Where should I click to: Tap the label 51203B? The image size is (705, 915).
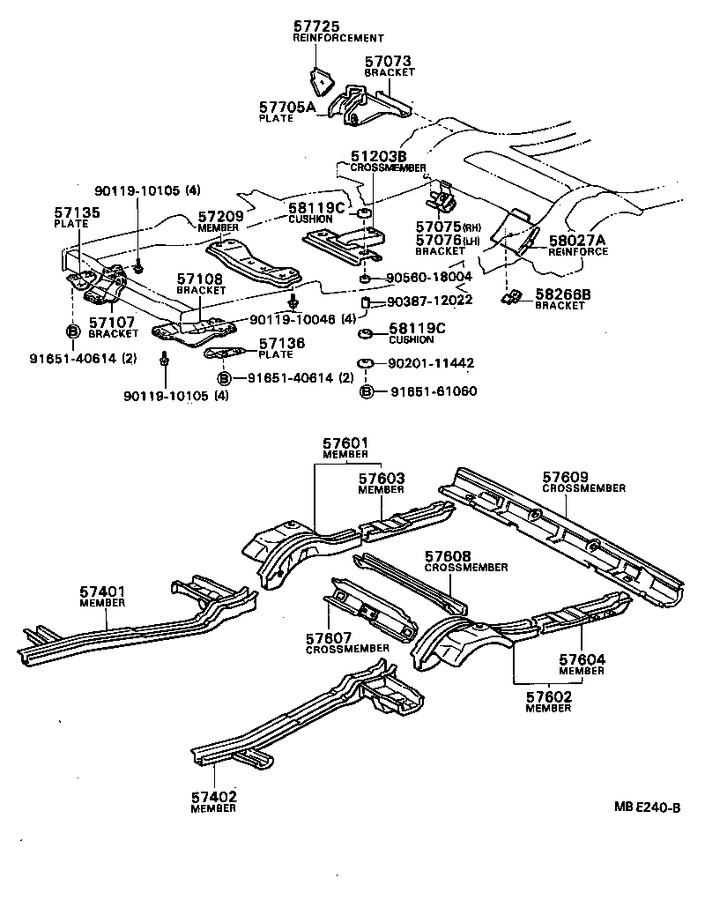pyautogui.click(x=375, y=157)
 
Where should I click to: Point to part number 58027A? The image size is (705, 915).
pyautogui.click(x=576, y=240)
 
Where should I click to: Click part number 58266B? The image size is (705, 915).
pyautogui.click(x=561, y=294)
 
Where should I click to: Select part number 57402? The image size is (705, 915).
pyautogui.click(x=213, y=797)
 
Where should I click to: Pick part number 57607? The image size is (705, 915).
pyautogui.click(x=329, y=637)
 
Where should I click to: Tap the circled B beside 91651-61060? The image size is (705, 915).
pyautogui.click(x=367, y=391)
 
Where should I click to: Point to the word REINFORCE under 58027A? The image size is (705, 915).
pyautogui.click(x=578, y=251)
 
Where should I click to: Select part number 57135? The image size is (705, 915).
pyautogui.click(x=78, y=213)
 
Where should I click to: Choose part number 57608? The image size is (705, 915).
pyautogui.click(x=448, y=556)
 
